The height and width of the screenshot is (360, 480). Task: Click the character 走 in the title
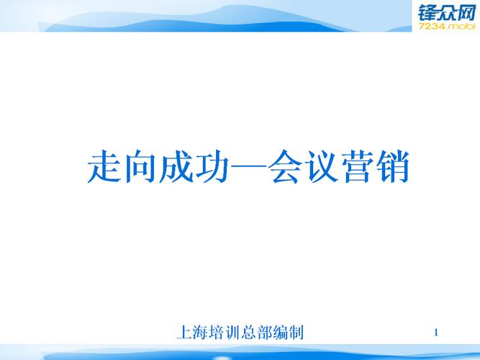[x=103, y=167]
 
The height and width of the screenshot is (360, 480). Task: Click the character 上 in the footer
[x=183, y=333]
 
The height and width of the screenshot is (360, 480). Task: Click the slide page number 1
[x=437, y=332]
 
